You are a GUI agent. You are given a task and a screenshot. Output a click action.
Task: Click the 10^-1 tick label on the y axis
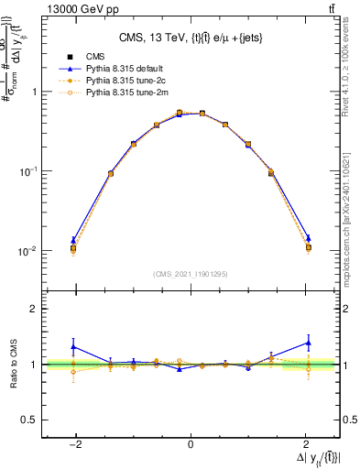point(27,171)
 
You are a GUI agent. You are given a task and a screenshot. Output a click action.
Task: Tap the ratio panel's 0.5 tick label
point(29,420)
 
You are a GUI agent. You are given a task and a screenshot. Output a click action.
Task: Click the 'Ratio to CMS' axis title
point(13,365)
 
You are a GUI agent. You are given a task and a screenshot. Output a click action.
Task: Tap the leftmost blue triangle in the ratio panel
point(73,346)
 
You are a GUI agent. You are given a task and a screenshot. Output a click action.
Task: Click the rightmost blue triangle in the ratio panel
point(308,343)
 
